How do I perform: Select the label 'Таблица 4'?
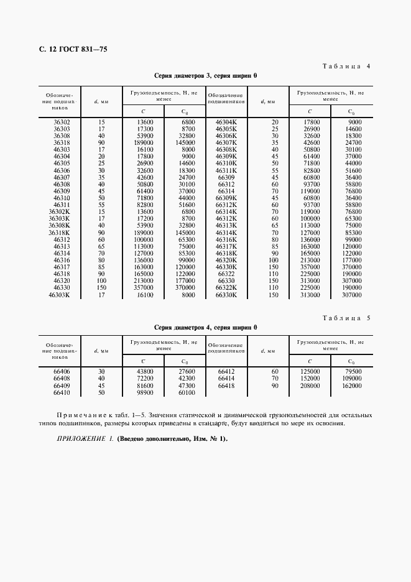point(346,66)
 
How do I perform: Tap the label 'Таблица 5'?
point(346,318)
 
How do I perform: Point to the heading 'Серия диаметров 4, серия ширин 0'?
point(205,327)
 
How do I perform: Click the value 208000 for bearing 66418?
point(310,386)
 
